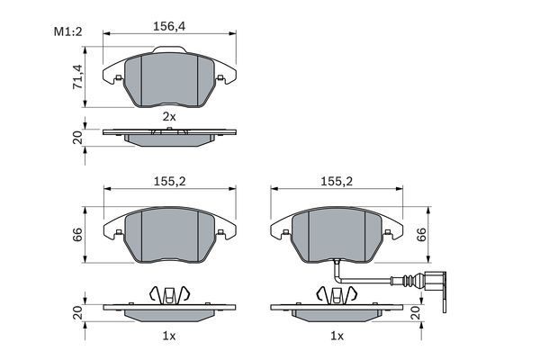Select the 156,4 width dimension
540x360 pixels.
click(170, 26)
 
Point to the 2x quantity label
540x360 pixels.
click(168, 116)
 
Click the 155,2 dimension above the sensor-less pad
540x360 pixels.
click(169, 181)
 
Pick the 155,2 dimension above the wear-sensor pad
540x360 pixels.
click(337, 181)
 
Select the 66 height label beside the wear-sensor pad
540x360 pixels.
click(420, 236)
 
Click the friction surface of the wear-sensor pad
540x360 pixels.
click(337, 236)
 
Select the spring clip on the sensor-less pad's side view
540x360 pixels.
click(169, 294)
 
